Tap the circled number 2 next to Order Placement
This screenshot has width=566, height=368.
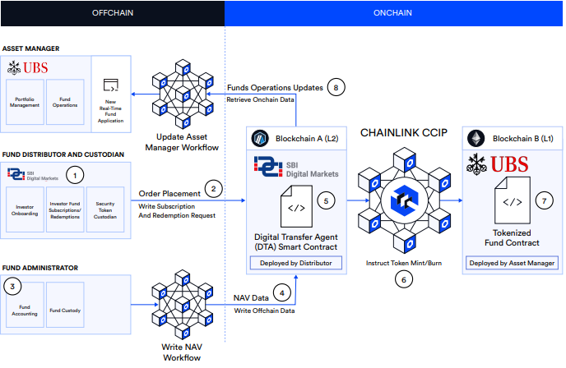click(x=214, y=188)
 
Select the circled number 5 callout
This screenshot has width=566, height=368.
click(x=326, y=200)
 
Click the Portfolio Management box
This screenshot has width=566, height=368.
click(x=25, y=105)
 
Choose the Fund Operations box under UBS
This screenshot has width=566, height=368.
click(x=66, y=105)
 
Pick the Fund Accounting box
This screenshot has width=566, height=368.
click(x=23, y=307)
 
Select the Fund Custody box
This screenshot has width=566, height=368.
click(x=65, y=307)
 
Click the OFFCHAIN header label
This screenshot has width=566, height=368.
click(x=113, y=14)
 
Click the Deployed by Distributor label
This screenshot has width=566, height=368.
click(x=297, y=263)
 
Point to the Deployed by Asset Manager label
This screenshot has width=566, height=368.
click(x=511, y=263)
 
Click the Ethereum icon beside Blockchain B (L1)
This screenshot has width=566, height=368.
click(x=477, y=137)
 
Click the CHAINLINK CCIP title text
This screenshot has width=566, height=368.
click(x=402, y=131)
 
